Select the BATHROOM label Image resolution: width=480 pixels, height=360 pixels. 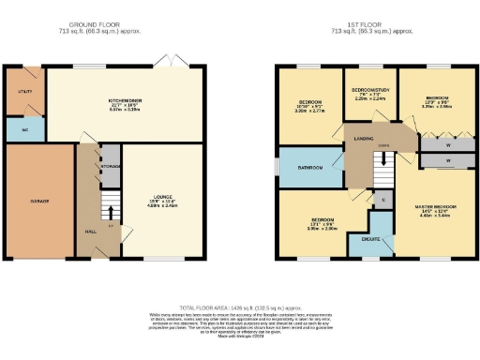[x=310, y=170]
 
